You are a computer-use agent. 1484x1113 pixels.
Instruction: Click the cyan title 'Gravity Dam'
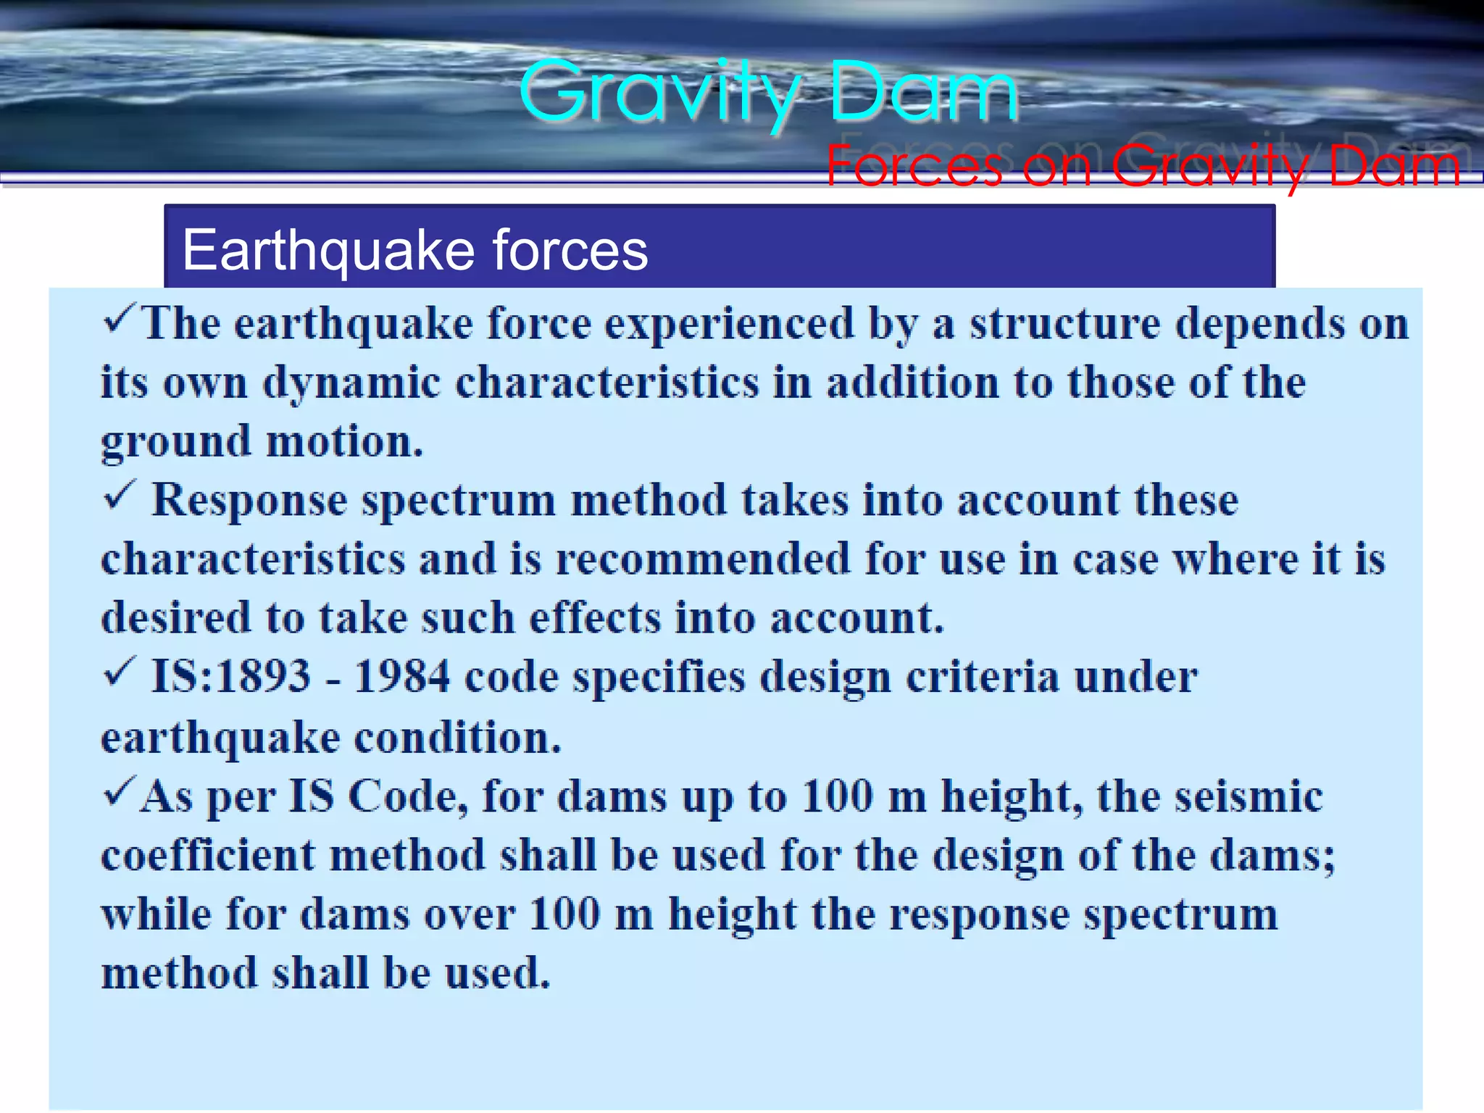pyautogui.click(x=768, y=93)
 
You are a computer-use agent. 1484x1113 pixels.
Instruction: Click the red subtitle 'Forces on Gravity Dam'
pyautogui.click(x=1143, y=166)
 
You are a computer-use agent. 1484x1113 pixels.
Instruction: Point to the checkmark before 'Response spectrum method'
pyautogui.click(x=118, y=496)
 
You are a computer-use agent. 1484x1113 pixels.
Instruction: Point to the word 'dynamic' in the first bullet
pyautogui.click(x=351, y=383)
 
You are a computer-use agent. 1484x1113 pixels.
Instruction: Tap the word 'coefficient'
pyautogui.click(x=208, y=856)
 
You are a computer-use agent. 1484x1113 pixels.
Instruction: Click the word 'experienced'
pyautogui.click(x=730, y=324)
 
